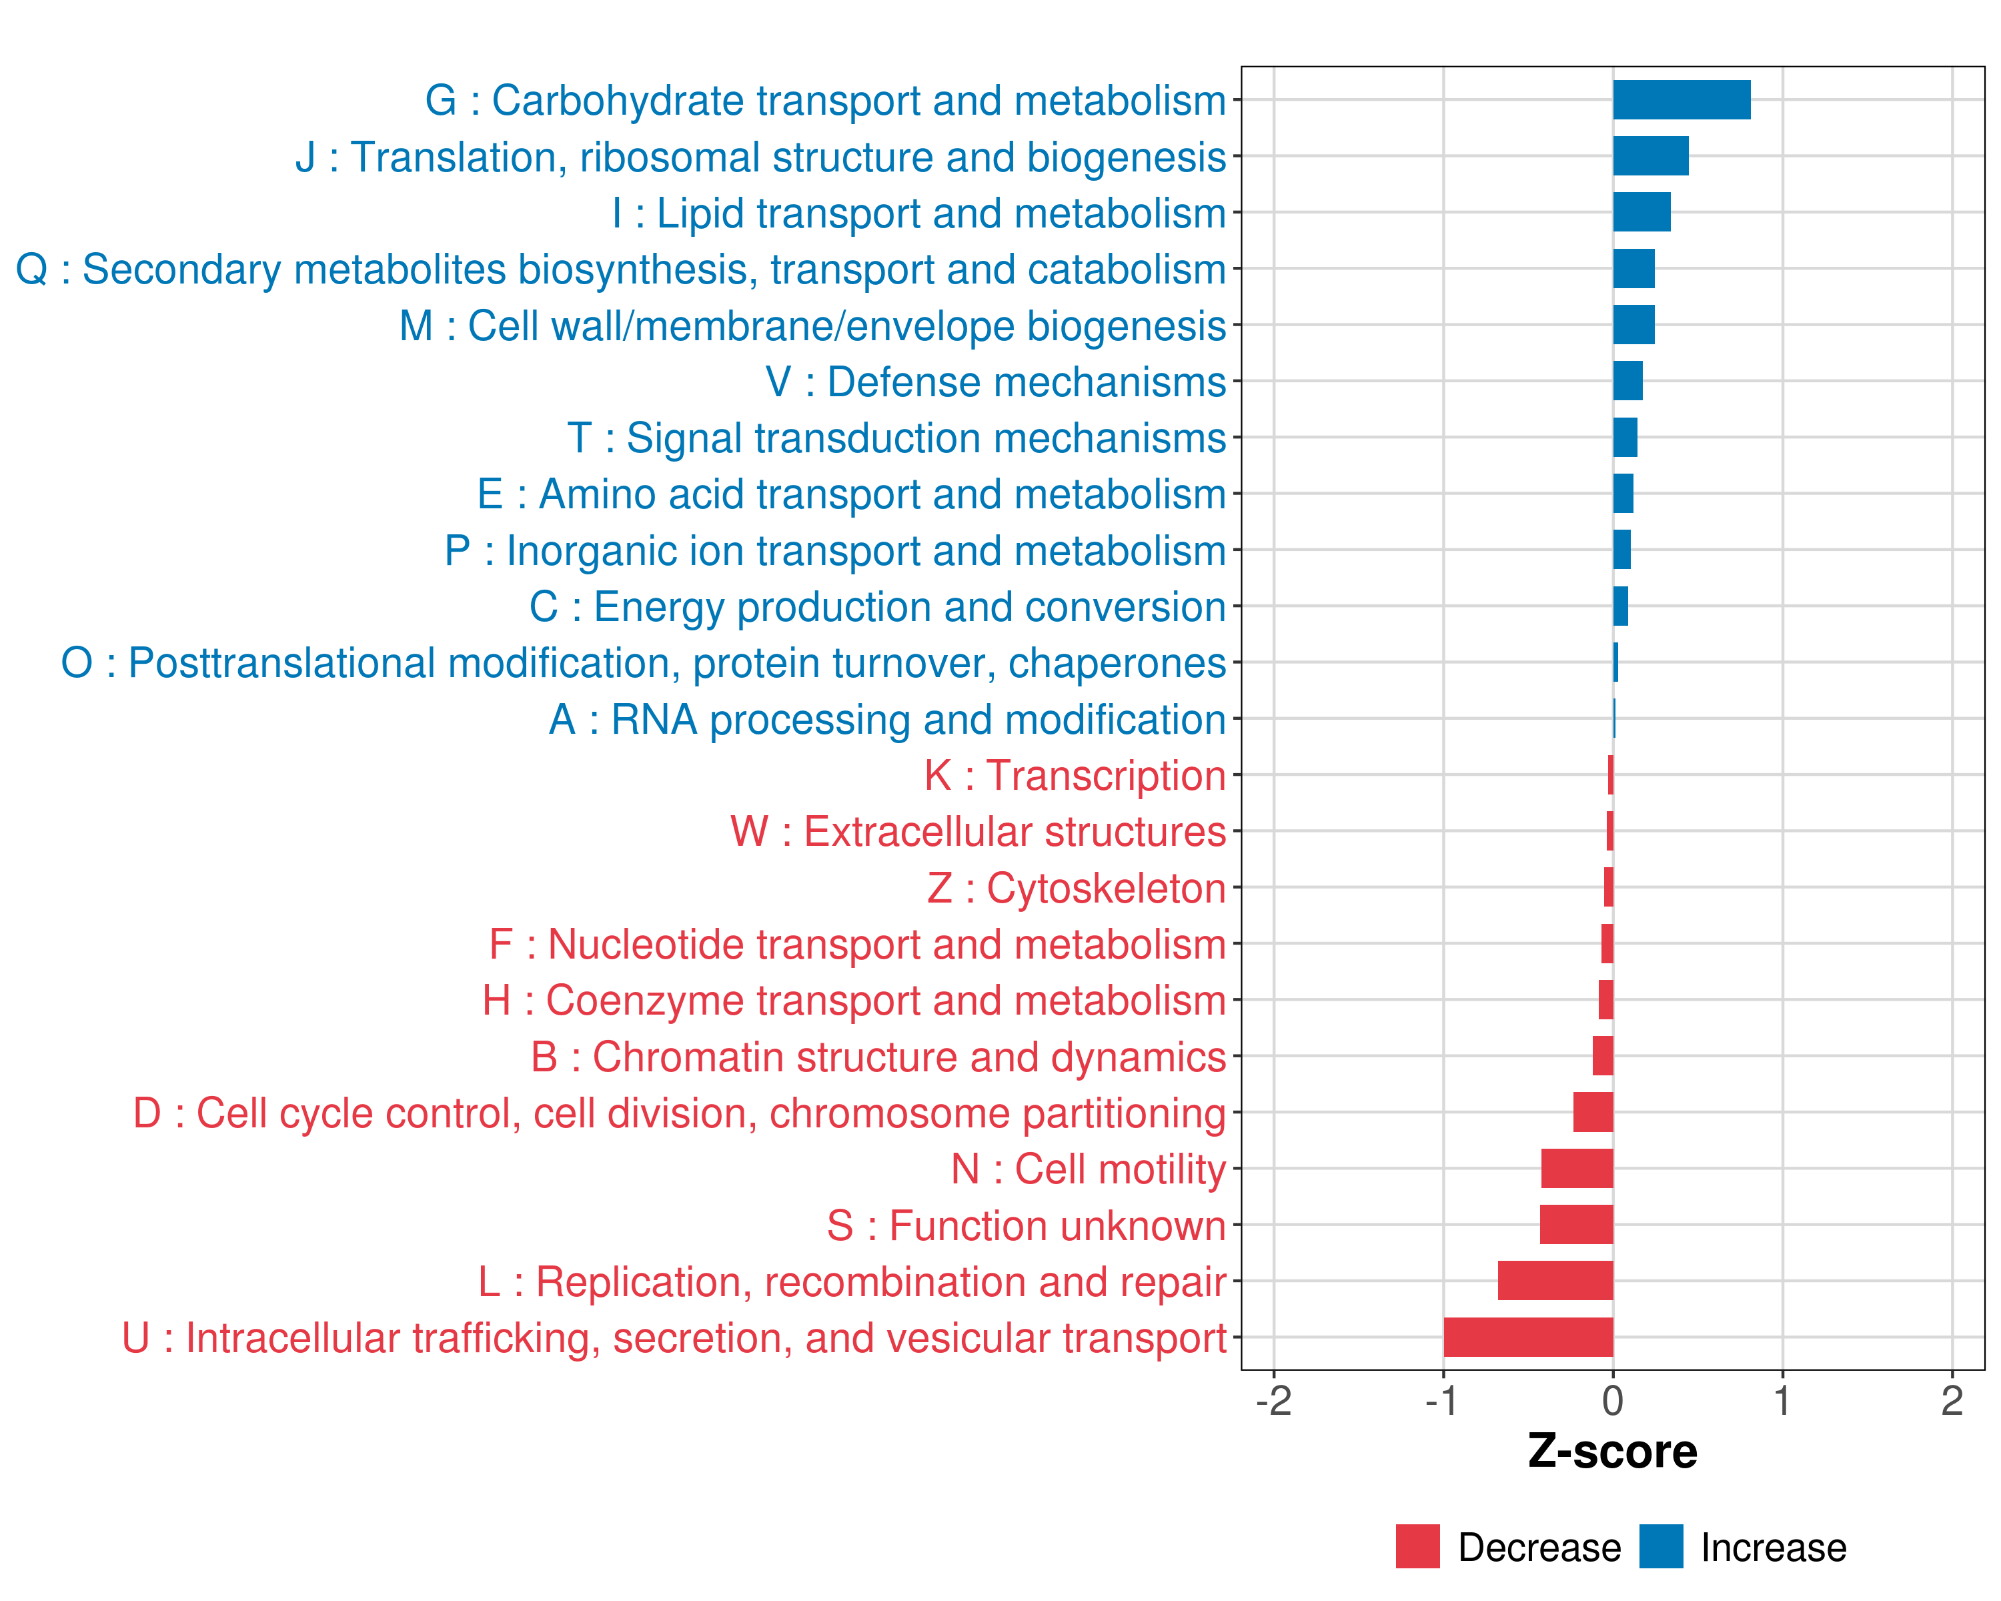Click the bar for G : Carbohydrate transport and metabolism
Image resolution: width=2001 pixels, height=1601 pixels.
click(1681, 100)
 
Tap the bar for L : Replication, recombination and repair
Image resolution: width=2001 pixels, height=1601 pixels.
click(1555, 1281)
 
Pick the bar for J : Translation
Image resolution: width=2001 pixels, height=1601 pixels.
click(1650, 156)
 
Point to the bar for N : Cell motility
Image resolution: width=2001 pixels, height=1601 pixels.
click(1577, 1169)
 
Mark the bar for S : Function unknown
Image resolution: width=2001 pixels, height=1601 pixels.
click(1576, 1225)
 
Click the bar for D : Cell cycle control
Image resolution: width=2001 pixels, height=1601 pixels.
click(1593, 1112)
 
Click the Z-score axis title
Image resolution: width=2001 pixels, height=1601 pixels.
click(1612, 1452)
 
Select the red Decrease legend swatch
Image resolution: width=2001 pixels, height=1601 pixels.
click(1417, 1547)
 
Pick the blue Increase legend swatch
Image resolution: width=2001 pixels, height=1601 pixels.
click(1660, 1547)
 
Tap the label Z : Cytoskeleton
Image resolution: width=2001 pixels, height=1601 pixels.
click(1077, 888)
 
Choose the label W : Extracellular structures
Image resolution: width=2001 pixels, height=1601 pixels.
click(978, 832)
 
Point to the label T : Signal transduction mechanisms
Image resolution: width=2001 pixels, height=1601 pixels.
click(896, 438)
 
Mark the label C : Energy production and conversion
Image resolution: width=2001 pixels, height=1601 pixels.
click(877, 607)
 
